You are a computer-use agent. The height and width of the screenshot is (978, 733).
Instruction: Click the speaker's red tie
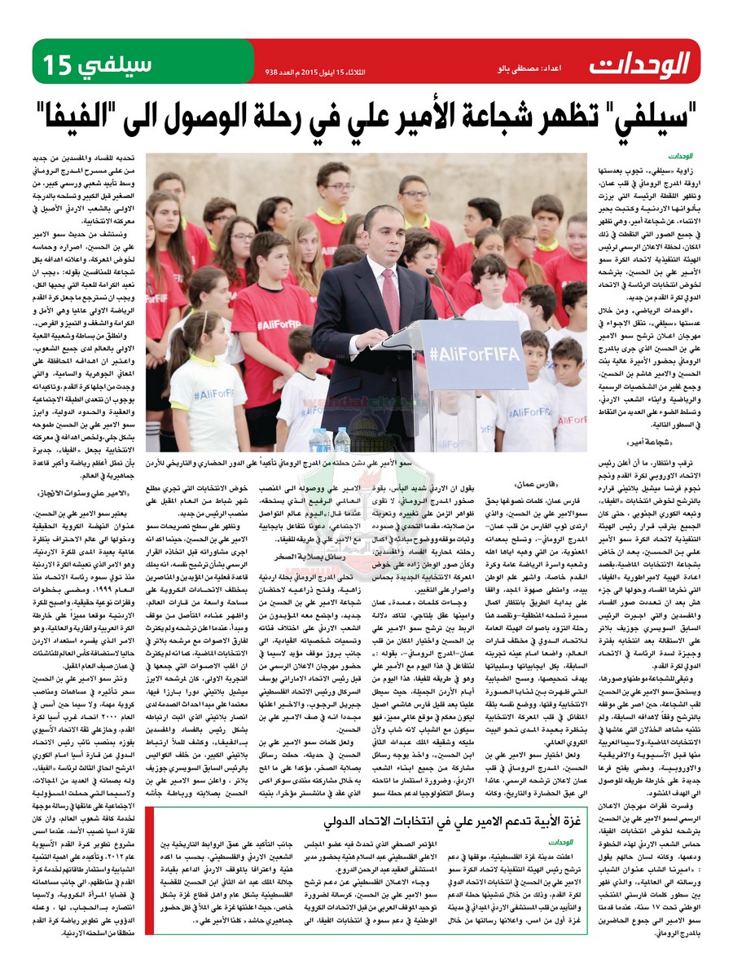tap(390, 293)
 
